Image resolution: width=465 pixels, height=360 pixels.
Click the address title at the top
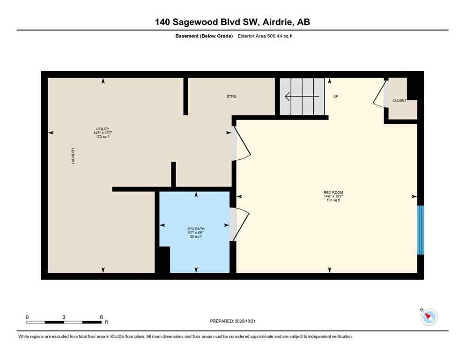click(233, 22)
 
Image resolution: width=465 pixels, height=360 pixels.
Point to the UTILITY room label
click(103, 129)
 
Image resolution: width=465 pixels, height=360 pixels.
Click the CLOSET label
click(399, 101)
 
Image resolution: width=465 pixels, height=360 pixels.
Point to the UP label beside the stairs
click(335, 97)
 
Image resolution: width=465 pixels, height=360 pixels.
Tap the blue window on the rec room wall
click(421, 230)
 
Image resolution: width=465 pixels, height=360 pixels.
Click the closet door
click(380, 94)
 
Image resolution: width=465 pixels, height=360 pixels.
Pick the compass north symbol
click(428, 317)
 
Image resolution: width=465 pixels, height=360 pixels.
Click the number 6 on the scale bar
click(101, 317)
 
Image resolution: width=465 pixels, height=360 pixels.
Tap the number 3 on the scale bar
click(64, 317)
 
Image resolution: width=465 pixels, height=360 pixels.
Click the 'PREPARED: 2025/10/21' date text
click(233, 321)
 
